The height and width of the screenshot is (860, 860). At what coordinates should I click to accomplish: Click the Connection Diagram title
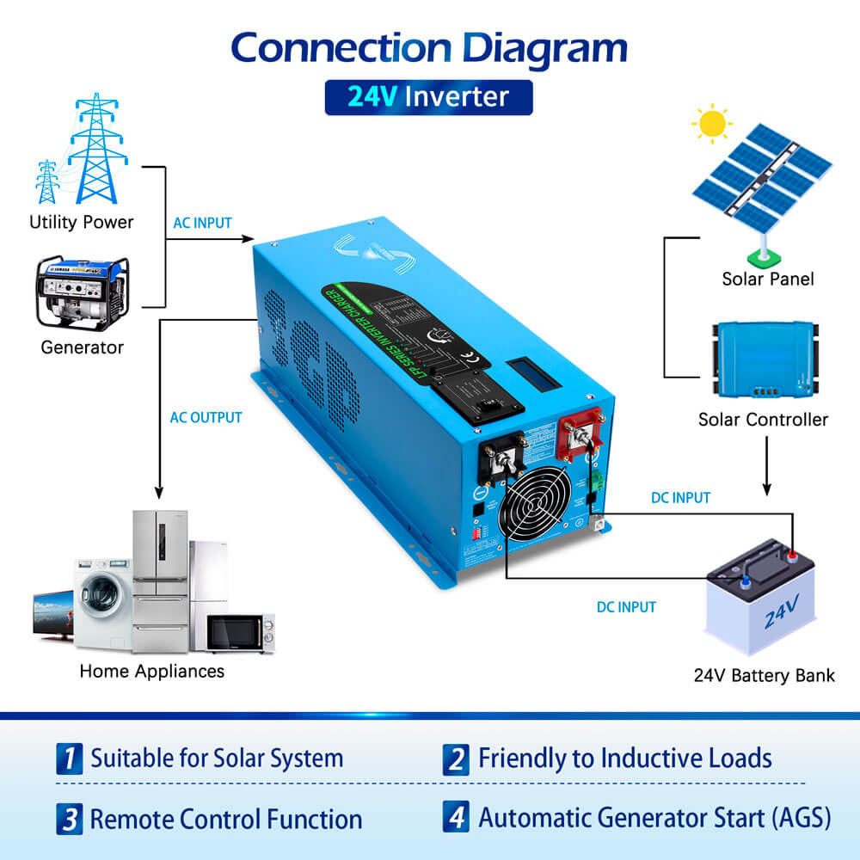click(x=429, y=47)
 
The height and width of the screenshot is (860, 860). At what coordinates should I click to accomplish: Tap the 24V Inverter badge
click(x=428, y=96)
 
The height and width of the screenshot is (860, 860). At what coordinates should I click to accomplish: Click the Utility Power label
click(x=82, y=222)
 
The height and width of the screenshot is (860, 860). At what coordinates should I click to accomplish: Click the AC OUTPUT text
click(x=206, y=418)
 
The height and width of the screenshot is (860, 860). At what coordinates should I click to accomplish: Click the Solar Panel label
click(x=767, y=279)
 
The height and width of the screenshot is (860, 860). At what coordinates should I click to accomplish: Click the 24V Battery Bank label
click(x=764, y=675)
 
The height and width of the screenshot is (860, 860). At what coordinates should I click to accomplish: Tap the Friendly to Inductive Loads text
click(x=624, y=759)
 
